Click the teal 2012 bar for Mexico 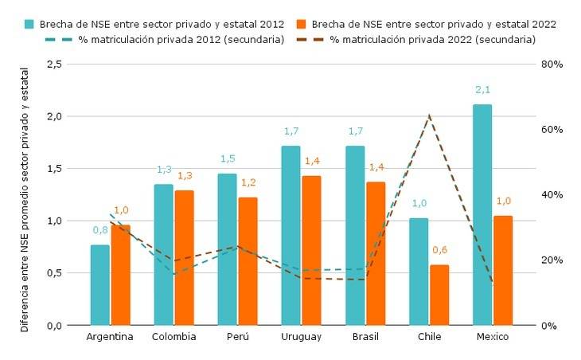point(482,215)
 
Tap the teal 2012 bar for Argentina point(100,285)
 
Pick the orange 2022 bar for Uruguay point(312,250)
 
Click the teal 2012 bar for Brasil point(355,236)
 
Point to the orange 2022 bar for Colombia point(185,257)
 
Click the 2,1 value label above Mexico point(482,91)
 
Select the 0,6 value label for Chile point(439,251)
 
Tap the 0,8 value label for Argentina point(100,231)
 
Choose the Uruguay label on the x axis point(302,337)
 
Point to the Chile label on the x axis point(429,337)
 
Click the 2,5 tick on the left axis point(55,64)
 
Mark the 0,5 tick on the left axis point(55,273)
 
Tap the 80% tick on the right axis point(552,64)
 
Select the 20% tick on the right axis point(552,260)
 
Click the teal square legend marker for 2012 point(29,24)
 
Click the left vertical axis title point(25,199)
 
